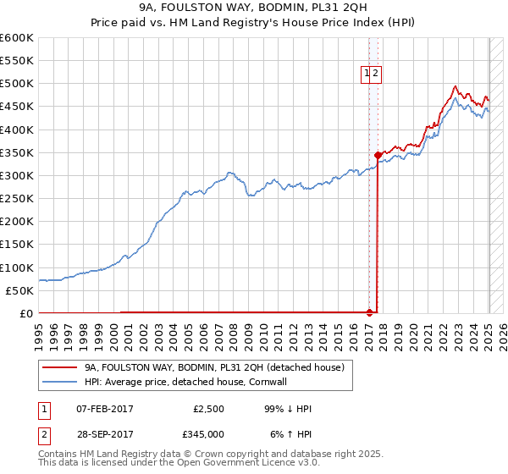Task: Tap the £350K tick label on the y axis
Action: (x=17, y=152)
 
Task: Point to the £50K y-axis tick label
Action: (x=19, y=290)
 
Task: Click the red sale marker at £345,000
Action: (x=378, y=155)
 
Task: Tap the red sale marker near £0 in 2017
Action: (x=369, y=312)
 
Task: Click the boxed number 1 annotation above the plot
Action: (x=367, y=74)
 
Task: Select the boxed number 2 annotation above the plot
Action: (x=375, y=74)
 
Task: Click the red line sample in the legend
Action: (x=59, y=368)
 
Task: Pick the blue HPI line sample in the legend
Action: (x=59, y=383)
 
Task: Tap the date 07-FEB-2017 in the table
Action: (x=105, y=410)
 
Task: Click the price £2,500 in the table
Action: (x=207, y=410)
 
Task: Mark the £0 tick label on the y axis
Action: (x=25, y=313)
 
